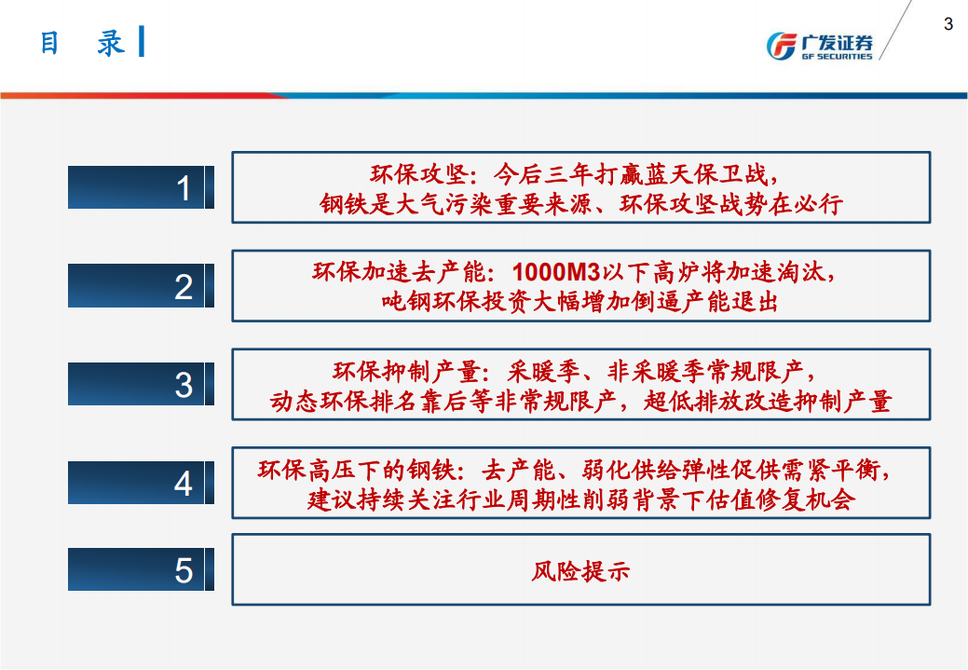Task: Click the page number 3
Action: [x=948, y=24]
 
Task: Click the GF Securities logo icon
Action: [x=780, y=46]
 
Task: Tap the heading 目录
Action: [x=82, y=43]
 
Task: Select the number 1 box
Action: [x=141, y=187]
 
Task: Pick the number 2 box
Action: [x=141, y=286]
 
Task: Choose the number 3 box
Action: [x=141, y=384]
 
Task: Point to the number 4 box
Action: [x=141, y=483]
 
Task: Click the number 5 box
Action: [x=141, y=569]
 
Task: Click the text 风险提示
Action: [x=580, y=570]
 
